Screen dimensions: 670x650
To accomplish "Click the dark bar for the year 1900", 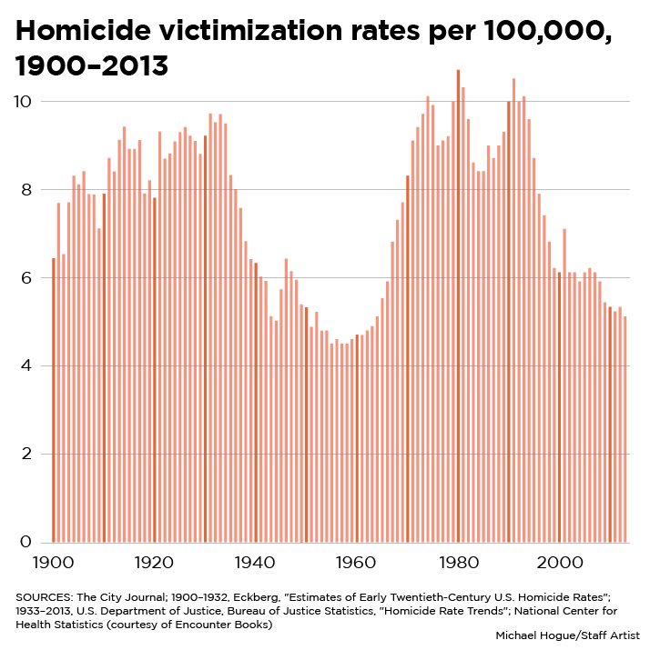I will point(54,400).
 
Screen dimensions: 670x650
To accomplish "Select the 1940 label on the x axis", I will point(254,563).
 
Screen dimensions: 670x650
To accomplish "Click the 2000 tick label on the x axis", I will point(558,563).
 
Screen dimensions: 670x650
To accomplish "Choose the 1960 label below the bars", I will point(356,563).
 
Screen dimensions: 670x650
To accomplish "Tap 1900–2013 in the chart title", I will point(92,66).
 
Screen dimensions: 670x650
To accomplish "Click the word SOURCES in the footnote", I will point(40,596).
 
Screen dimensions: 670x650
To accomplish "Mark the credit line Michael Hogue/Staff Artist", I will point(564,635).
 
